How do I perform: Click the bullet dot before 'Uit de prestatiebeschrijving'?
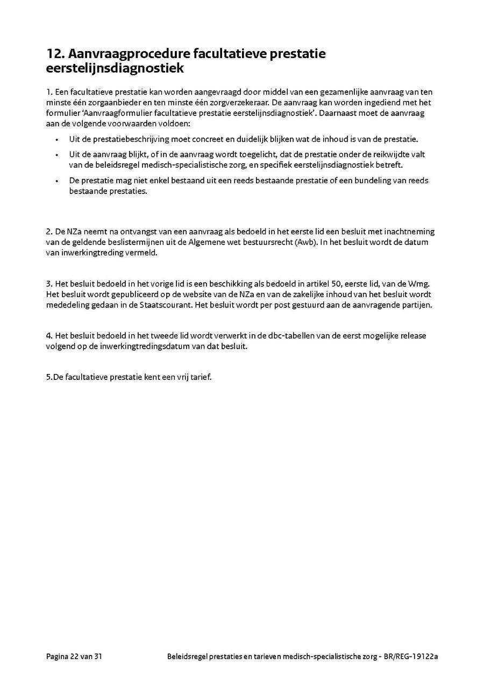57,139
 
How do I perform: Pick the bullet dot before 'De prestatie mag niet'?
57,181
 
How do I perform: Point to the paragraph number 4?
49,336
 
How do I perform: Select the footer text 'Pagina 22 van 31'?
74,656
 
